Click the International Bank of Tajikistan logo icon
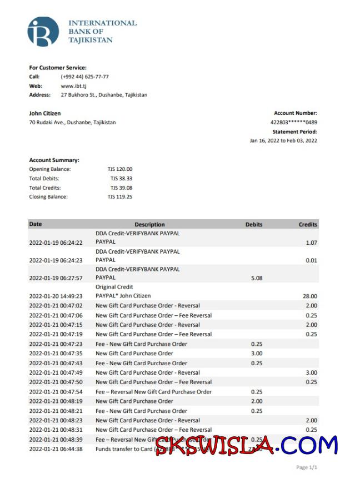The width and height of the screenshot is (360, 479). [x=43, y=32]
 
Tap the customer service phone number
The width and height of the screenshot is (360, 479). [x=84, y=77]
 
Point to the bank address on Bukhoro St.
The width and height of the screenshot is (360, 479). [x=104, y=95]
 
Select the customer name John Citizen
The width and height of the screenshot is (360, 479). [x=45, y=113]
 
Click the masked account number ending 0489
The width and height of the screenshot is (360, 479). [x=293, y=122]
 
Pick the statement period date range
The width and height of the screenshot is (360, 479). [x=283, y=141]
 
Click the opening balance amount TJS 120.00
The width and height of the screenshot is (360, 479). [x=120, y=169]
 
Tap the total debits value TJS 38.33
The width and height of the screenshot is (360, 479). [x=121, y=179]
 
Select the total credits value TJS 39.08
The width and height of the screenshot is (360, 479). [x=121, y=188]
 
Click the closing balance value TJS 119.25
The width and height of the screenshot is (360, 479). [x=120, y=197]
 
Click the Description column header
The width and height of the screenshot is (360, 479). [x=149, y=225]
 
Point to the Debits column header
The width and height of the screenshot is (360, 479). [x=254, y=225]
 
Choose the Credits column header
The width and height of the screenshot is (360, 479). [x=308, y=225]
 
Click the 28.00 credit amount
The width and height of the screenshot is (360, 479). [x=311, y=296]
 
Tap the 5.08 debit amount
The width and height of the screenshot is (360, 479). [x=257, y=278]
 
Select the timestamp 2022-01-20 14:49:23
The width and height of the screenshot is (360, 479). [x=56, y=296]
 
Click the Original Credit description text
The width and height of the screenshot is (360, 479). [x=114, y=287]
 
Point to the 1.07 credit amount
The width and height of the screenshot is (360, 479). [x=311, y=243]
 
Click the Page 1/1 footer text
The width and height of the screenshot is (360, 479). [x=307, y=467]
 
